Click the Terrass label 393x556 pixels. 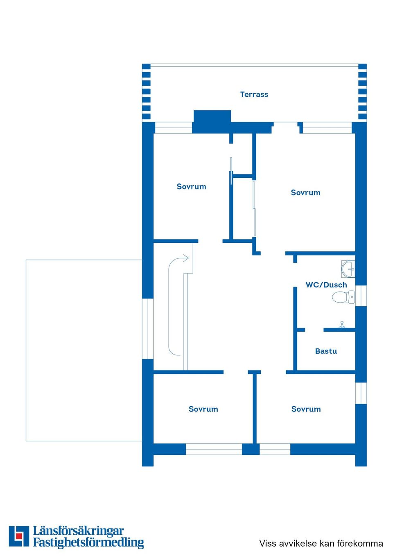pyautogui.click(x=254, y=95)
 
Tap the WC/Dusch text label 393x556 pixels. pyautogui.click(x=326, y=285)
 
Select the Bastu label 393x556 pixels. pyautogui.click(x=326, y=351)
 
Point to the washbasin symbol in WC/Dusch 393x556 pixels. pyautogui.click(x=348, y=269)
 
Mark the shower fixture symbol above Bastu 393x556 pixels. pyautogui.click(x=342, y=325)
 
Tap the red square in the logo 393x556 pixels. pyautogui.click(x=19, y=536)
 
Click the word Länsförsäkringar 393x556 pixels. pyautogui.click(x=78, y=531)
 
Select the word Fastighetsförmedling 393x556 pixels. pyautogui.click(x=88, y=542)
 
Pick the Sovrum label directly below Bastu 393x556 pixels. pyautogui.click(x=306, y=409)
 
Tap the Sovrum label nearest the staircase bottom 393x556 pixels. pyautogui.click(x=203, y=409)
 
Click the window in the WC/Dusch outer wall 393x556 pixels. pyautogui.click(x=361, y=296)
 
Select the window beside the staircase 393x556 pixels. pyautogui.click(x=148, y=329)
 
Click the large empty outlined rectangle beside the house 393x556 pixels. pyautogui.click(x=84, y=350)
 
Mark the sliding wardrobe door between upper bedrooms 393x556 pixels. pyautogui.click(x=254, y=209)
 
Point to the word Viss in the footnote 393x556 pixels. pyautogui.click(x=268, y=543)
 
